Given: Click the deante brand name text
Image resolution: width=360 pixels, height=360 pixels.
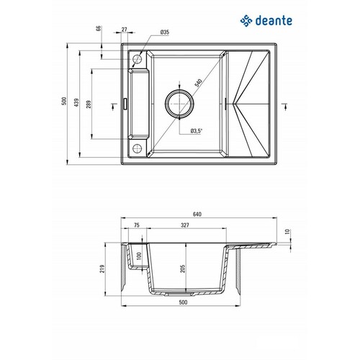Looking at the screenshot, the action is [274, 21].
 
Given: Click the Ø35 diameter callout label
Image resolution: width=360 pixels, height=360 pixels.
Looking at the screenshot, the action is [165, 32].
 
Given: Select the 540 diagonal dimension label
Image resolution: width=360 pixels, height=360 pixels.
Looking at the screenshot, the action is [198, 83].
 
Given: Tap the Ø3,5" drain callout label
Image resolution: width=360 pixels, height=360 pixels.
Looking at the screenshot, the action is [197, 131].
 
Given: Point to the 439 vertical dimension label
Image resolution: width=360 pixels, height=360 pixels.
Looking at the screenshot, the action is [76, 102].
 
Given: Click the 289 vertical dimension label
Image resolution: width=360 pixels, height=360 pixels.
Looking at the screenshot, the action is [89, 104].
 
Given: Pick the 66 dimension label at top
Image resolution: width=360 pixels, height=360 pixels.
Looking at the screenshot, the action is [98, 29].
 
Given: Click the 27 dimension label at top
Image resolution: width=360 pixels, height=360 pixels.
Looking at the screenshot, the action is [124, 30].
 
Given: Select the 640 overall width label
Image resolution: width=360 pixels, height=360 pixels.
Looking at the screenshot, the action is [197, 214].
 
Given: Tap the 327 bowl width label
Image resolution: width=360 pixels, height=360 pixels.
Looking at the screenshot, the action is [185, 225].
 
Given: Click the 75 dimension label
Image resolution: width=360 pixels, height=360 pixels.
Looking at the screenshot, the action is [136, 225].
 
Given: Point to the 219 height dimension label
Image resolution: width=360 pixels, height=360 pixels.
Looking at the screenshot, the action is [102, 269].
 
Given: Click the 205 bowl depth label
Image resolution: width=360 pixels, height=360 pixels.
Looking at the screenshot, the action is [183, 269].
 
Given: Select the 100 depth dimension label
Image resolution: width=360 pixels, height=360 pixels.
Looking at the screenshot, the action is [140, 256].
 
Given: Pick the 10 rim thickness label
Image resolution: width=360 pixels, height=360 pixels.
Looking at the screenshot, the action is [287, 232].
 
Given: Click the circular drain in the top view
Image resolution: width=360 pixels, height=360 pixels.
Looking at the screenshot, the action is [179, 104].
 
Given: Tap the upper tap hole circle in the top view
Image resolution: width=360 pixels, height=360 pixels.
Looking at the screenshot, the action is [137, 59].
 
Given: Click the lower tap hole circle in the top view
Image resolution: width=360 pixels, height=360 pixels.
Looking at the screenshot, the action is [137, 148].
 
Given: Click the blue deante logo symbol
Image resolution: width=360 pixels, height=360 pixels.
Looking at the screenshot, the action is [246, 21].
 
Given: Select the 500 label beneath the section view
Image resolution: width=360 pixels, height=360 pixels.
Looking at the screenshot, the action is [183, 302].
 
